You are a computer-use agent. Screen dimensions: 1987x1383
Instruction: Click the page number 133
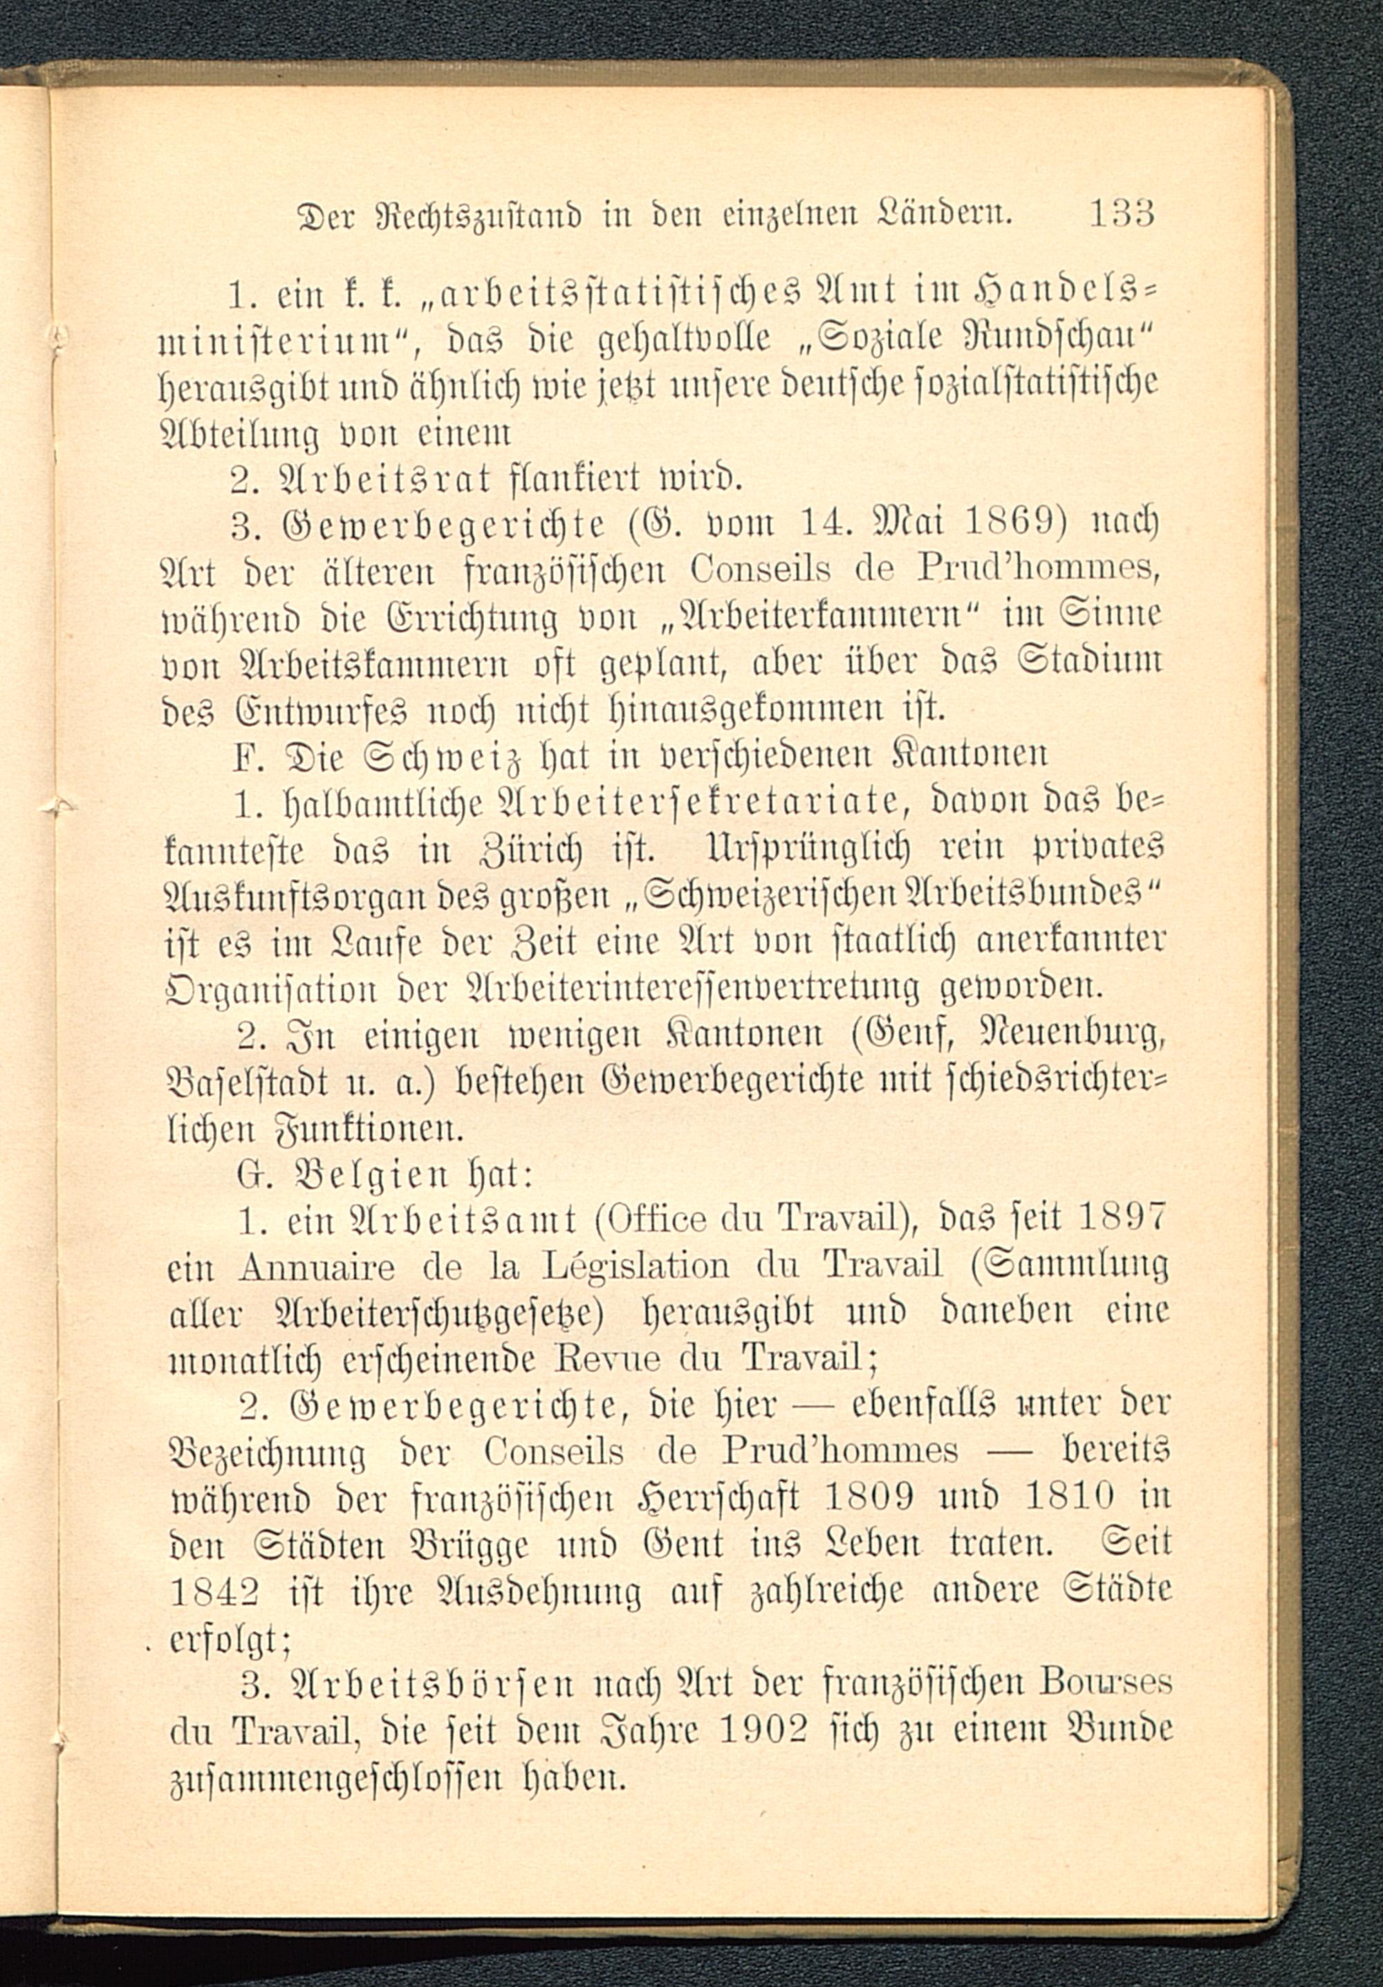click(1122, 237)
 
